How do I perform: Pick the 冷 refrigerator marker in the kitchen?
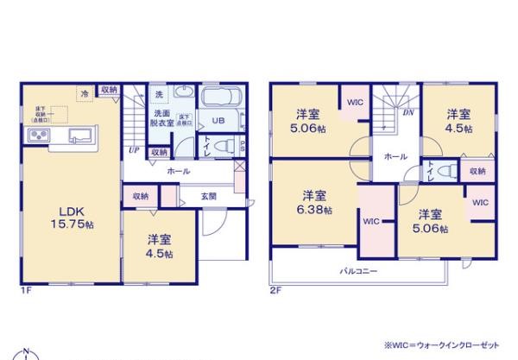pos(85,92)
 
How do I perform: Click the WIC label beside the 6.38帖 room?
pos(370,221)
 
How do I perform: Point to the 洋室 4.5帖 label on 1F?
pos(159,246)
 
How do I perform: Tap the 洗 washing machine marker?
pos(159,93)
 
